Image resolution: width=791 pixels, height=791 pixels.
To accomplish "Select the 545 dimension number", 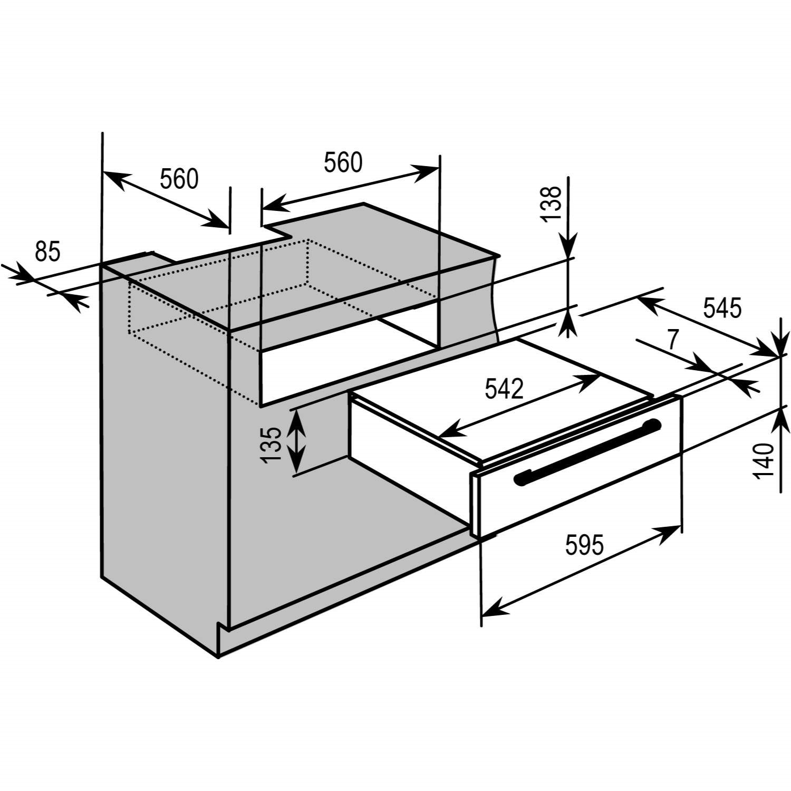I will pos(722,308).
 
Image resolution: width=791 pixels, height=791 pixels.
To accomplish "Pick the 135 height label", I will pos(272,444).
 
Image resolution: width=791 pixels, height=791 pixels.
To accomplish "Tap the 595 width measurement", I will pos(584,545).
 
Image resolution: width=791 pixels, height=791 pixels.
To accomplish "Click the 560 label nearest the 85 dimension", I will pos(179,179).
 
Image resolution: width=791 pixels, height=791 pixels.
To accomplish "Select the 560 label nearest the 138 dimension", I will pos(343,162).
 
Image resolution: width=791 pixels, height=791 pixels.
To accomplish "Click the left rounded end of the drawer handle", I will pos(519,478).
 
